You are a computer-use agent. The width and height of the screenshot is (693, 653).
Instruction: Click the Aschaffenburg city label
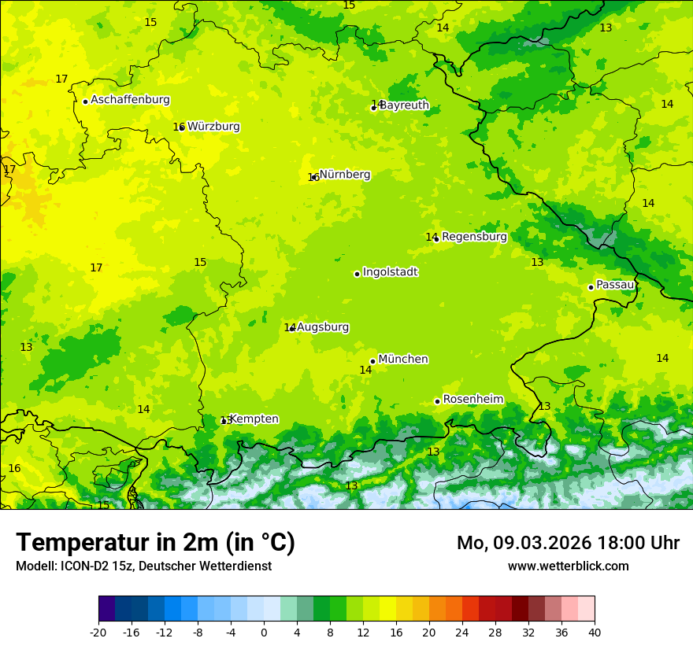tap(130, 100)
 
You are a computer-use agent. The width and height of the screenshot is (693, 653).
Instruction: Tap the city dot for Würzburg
tap(181, 127)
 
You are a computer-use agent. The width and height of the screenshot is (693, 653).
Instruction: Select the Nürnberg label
tap(345, 175)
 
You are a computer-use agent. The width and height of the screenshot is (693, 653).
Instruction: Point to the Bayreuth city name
tap(405, 105)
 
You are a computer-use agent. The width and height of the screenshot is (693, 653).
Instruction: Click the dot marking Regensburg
tap(436, 238)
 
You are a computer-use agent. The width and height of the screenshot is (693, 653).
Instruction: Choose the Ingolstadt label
tap(390, 272)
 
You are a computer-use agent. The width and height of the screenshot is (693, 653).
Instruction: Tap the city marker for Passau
tap(591, 287)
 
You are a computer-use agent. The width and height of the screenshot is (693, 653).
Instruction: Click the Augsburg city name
tap(323, 327)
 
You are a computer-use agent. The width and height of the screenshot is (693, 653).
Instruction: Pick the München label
tap(403, 360)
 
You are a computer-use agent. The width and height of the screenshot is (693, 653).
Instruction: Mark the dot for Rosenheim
tap(437, 401)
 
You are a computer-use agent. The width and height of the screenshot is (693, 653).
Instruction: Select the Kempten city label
tap(254, 419)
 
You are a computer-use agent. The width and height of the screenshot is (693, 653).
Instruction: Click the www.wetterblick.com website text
tap(569, 566)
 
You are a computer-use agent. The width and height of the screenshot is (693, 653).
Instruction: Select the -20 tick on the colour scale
tap(98, 632)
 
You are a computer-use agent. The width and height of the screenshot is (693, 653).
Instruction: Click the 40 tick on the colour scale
tap(595, 632)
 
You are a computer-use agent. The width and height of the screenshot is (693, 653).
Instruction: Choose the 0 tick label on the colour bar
tap(264, 632)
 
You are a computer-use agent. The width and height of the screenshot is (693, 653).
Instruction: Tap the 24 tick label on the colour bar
tap(462, 632)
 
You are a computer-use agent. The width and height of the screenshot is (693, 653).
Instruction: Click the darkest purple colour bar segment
tap(106, 609)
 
